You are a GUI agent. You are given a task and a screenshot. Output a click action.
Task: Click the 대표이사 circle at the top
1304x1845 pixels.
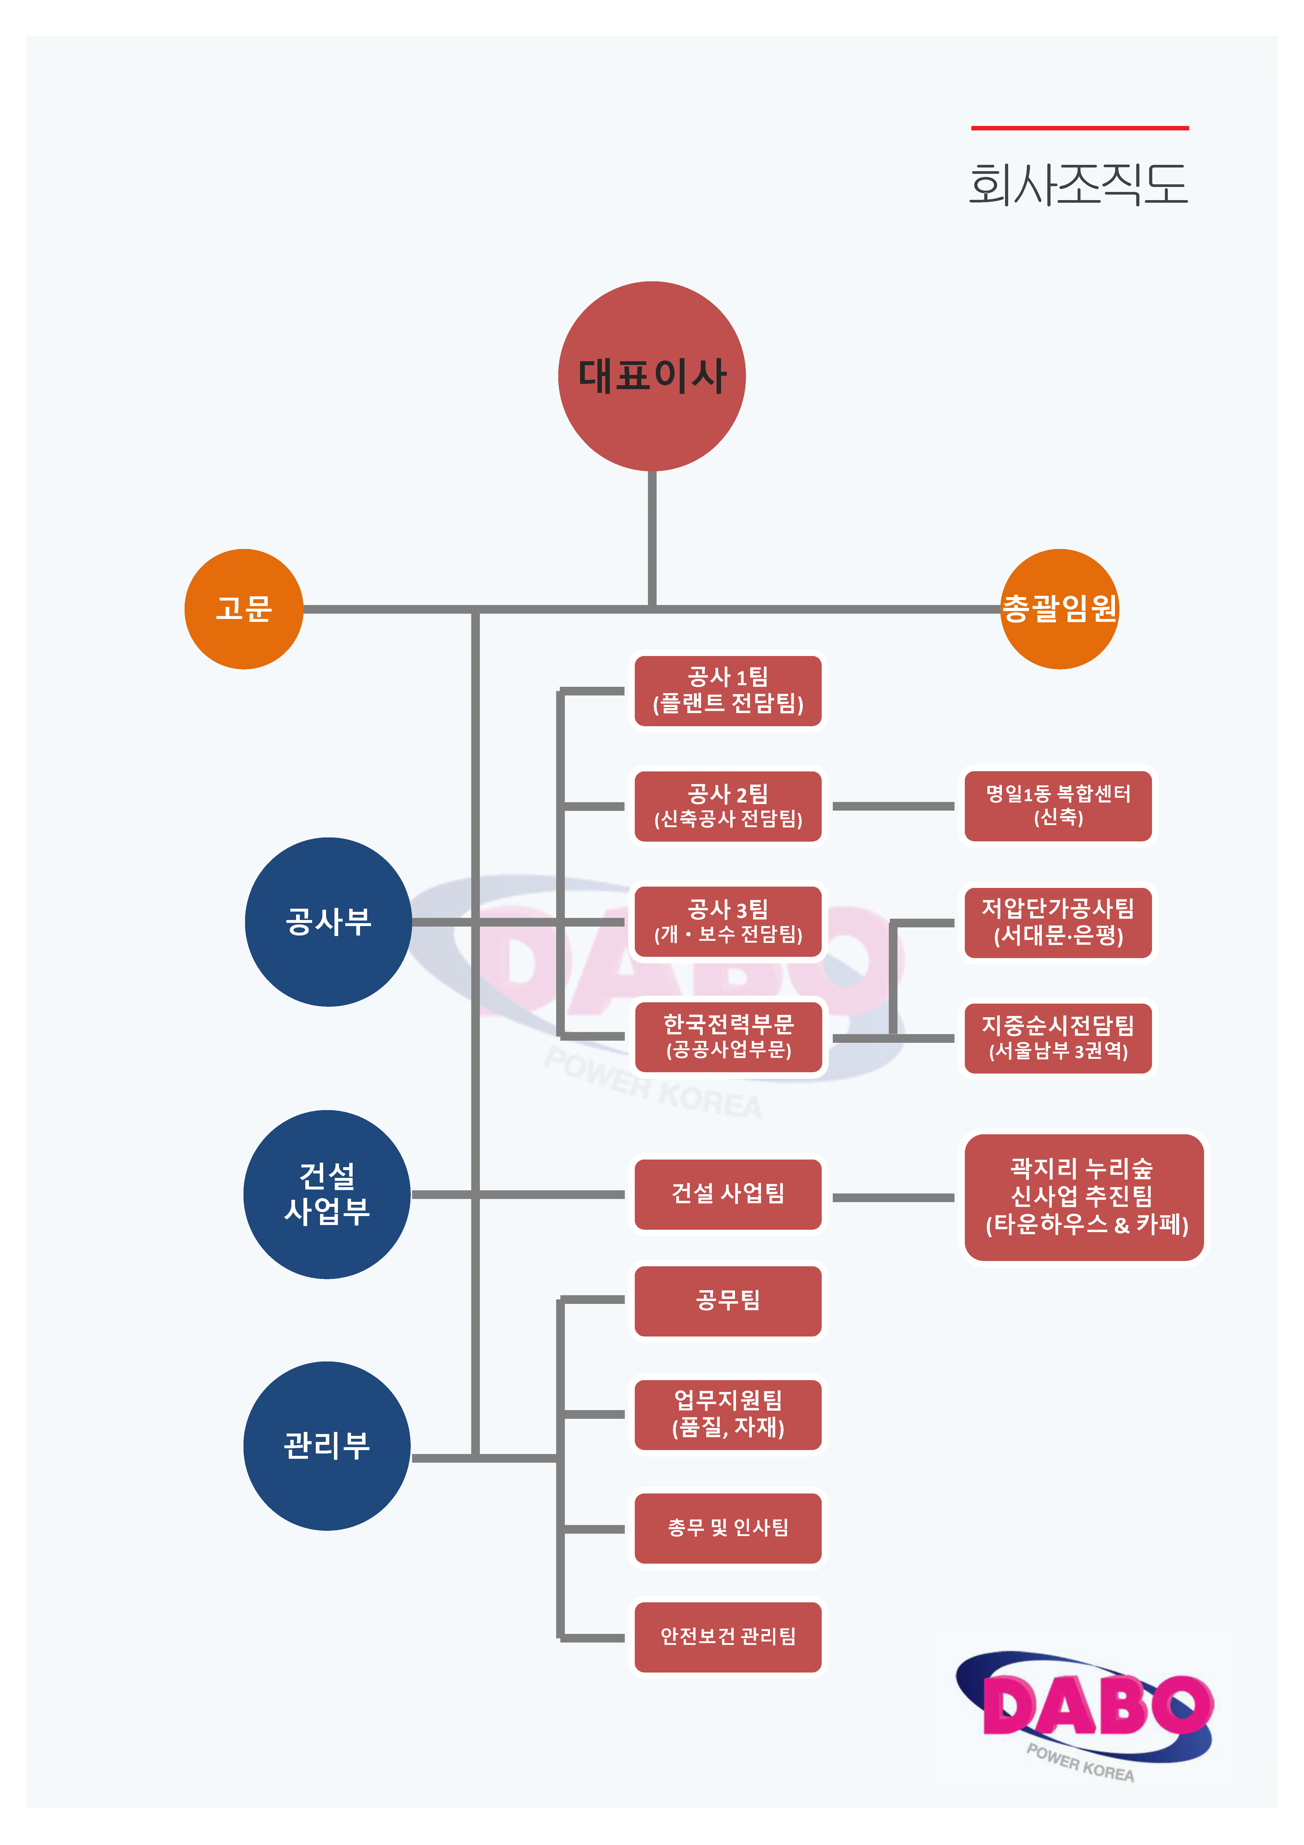[652, 376]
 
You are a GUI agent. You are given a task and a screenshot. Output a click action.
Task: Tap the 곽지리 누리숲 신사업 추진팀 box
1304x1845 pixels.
[1085, 1197]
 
